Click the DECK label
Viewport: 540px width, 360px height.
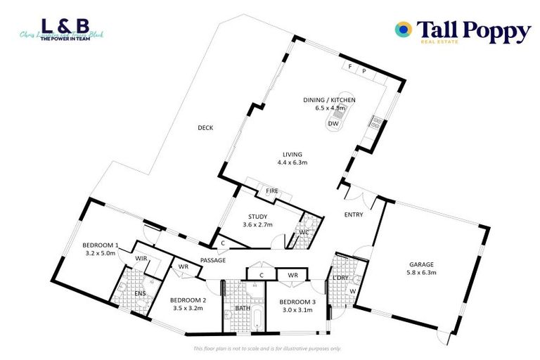click(205, 127)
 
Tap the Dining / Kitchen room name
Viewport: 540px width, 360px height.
click(324, 100)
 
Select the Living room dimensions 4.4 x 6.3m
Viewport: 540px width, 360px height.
click(292, 162)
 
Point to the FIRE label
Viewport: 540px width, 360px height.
click(271, 191)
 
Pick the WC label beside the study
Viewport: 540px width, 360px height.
click(304, 231)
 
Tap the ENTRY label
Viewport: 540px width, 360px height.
click(353, 214)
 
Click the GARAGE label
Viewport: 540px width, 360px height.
click(422, 265)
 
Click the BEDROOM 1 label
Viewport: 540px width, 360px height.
click(101, 245)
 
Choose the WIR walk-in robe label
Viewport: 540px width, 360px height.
click(141, 259)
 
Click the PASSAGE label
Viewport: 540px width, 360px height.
click(212, 260)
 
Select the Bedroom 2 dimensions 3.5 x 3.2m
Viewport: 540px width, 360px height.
click(187, 308)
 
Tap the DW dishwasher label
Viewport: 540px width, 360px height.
click(333, 124)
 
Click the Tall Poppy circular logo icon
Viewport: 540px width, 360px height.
click(404, 30)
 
